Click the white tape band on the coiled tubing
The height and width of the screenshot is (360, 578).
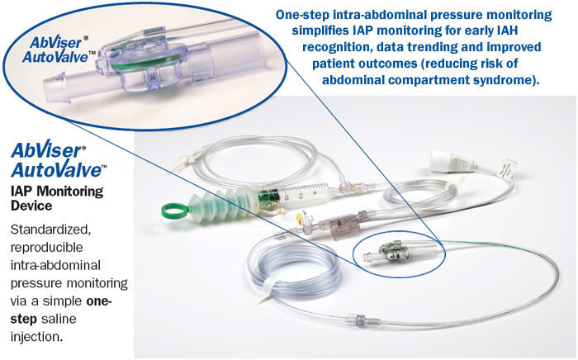(x=266, y=291)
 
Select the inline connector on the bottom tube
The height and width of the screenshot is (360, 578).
(x=355, y=319)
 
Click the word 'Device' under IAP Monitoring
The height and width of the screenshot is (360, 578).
(x=31, y=206)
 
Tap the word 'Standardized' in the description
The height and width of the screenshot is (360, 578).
(x=50, y=230)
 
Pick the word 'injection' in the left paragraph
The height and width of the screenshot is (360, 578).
(x=35, y=336)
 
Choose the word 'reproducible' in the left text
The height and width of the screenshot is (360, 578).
(x=46, y=247)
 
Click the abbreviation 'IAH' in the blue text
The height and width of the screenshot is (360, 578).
(x=507, y=31)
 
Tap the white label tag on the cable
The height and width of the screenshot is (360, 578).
(x=508, y=168)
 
